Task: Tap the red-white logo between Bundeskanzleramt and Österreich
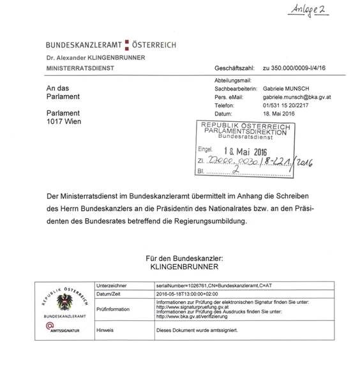pos(126,45)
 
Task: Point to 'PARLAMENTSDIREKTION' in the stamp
pos(244,132)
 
